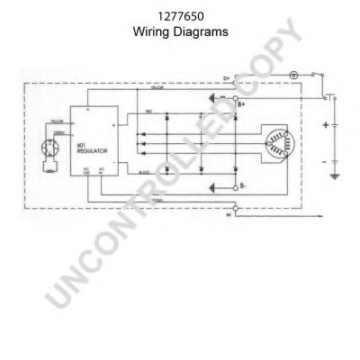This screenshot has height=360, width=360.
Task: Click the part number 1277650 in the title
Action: point(180,15)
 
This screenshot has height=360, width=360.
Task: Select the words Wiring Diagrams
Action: point(180,30)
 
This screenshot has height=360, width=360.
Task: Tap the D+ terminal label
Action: point(228,78)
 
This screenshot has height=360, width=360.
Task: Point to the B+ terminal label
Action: point(241,105)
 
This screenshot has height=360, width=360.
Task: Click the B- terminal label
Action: point(241,189)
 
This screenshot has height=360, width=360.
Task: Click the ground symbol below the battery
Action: point(335,176)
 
